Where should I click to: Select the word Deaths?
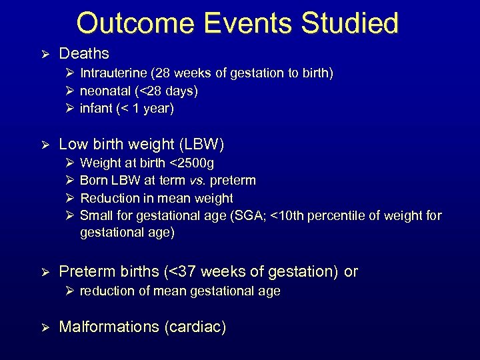point(84,53)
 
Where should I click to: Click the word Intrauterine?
point(112,73)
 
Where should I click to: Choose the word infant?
point(95,109)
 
